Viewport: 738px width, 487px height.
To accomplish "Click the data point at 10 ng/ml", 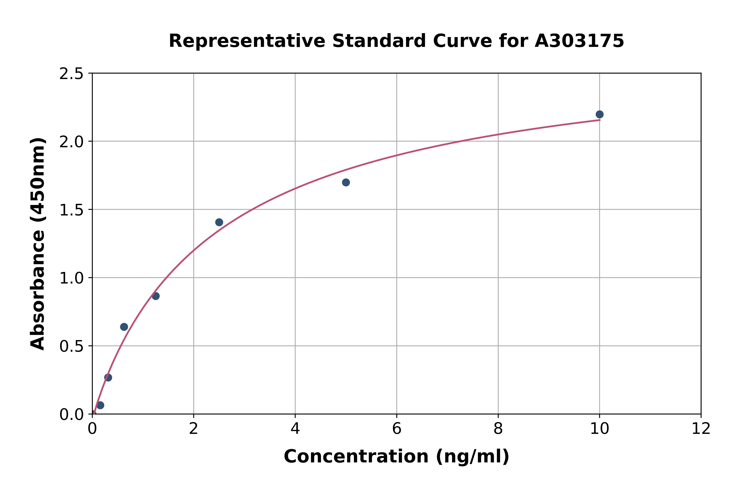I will coord(599,114).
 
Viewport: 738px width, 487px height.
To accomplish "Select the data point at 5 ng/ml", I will coord(346,182).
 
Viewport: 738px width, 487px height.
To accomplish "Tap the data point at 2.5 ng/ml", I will coord(219,222).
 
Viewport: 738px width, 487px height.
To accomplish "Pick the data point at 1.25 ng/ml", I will coord(156,296).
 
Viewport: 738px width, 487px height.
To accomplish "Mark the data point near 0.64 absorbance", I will coord(124,327).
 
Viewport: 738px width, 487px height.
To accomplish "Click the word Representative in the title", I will coord(247,41).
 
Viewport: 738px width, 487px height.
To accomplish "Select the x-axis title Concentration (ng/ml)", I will coord(396,457).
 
